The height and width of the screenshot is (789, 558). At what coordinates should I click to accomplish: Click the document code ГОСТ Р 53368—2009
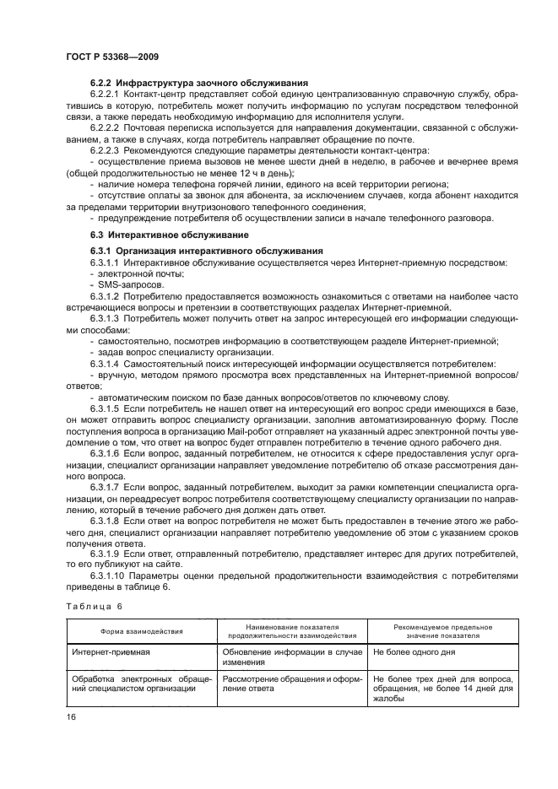click(x=112, y=56)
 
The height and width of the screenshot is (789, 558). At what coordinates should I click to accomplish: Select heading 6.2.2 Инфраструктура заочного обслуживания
click(x=198, y=83)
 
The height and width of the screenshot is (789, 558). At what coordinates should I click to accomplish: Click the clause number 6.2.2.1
click(x=106, y=95)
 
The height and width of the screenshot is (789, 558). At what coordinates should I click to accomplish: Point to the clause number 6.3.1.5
click(x=106, y=408)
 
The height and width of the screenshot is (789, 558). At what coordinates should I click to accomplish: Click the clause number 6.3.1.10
click(x=108, y=576)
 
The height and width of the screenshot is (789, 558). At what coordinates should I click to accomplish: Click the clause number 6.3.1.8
click(x=106, y=521)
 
